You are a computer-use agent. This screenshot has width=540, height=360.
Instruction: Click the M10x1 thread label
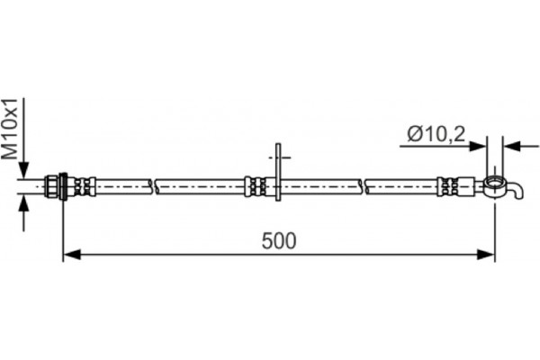point(9,129)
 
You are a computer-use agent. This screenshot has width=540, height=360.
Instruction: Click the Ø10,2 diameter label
point(436,134)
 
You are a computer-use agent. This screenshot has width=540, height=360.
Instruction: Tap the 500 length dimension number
point(279,241)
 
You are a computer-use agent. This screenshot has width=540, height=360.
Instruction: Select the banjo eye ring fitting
point(495,186)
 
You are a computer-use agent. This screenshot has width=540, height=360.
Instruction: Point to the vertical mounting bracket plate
point(278,172)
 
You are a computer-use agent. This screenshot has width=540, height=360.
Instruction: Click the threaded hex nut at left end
point(52,186)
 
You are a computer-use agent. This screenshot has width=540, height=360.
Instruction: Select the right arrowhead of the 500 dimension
point(486,255)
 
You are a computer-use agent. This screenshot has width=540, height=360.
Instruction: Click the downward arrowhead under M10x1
point(23,169)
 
